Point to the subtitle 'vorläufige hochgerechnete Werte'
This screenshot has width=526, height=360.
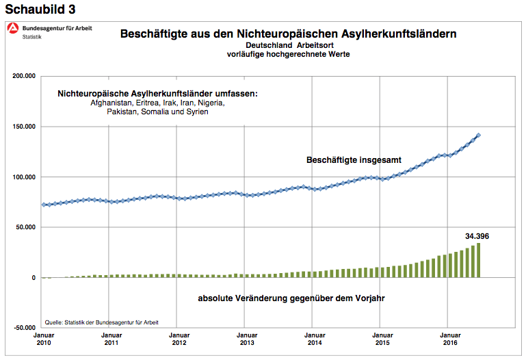[288, 54]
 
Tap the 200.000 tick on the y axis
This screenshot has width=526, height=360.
[24, 77]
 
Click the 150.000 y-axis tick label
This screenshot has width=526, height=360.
[24, 127]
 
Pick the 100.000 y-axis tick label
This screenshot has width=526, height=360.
[24, 177]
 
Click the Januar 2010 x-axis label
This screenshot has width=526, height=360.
[43, 339]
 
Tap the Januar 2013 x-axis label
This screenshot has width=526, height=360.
[246, 339]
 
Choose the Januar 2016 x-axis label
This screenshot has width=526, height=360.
[448, 339]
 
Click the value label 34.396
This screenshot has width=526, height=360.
[477, 236]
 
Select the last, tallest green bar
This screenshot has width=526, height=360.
[479, 260]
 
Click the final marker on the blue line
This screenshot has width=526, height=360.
[478, 135]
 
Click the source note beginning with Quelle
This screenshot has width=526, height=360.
[102, 321]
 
